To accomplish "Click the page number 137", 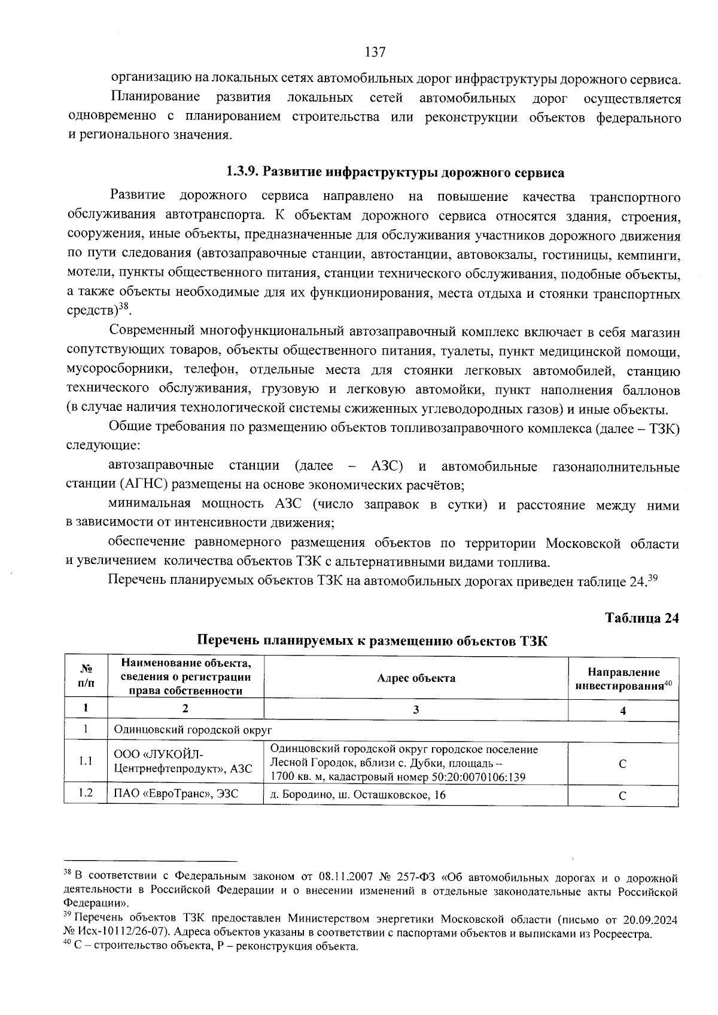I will click(375, 52).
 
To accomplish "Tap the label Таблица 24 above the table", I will click(642, 618).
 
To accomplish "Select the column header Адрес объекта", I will click(416, 678).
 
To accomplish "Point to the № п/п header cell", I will click(86, 678).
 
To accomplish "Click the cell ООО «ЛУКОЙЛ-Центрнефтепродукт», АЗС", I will click(183, 761).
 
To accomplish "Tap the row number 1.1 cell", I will click(86, 761).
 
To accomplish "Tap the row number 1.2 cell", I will click(86, 794).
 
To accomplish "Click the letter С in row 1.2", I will click(622, 795).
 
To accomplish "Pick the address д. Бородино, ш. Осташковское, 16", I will click(358, 794).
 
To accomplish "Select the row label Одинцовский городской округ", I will click(193, 730).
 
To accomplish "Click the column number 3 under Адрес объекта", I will click(416, 710).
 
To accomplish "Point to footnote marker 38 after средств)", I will click(124, 307).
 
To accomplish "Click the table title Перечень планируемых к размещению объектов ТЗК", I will click(372, 642).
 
